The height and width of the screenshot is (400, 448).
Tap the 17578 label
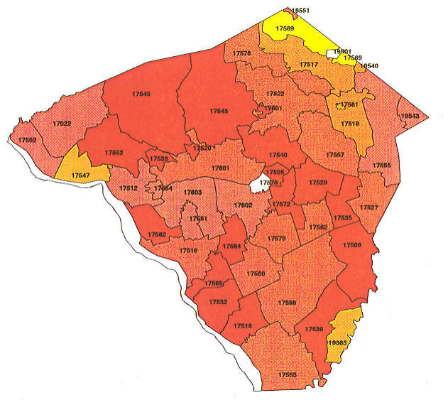[x=241, y=54]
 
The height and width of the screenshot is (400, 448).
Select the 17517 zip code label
[x=308, y=65]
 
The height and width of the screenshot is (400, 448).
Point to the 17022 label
[x=62, y=124]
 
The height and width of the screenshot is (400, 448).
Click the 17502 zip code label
[x=27, y=141]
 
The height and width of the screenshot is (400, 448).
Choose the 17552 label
[x=114, y=153]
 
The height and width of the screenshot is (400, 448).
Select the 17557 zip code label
[x=335, y=155]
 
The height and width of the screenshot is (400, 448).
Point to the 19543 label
[x=410, y=116]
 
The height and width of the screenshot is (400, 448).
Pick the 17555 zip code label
[x=382, y=166]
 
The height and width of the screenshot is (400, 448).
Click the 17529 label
[x=317, y=183]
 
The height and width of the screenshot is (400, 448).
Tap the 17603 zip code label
[x=193, y=193]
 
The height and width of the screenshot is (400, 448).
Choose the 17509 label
[x=352, y=245]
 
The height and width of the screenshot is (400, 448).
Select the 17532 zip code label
[x=219, y=302]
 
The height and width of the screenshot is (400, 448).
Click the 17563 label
[x=288, y=374]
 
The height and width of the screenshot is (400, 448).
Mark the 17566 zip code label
[x=288, y=303]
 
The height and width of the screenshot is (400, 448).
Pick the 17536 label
[x=314, y=329]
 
